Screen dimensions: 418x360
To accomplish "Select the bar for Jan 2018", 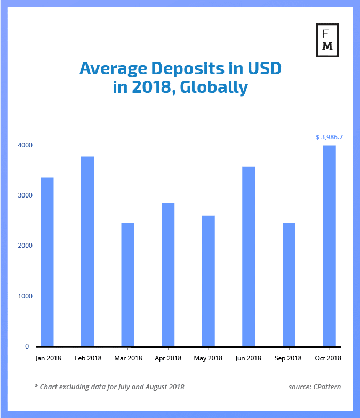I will click(x=47, y=262).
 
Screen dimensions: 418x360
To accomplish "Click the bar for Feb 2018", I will click(x=87, y=251).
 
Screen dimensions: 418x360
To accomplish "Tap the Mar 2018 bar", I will click(x=127, y=284).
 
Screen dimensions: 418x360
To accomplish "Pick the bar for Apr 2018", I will click(x=168, y=274).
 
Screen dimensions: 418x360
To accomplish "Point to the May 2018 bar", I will click(x=208, y=281).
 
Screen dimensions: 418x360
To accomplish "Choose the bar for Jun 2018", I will click(x=249, y=256).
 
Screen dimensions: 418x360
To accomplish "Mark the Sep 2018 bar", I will click(x=289, y=285).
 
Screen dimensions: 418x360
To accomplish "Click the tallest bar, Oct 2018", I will click(x=329, y=246).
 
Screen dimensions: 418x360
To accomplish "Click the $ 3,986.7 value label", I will click(x=329, y=137).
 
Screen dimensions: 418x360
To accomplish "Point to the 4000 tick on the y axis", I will click(x=25, y=145).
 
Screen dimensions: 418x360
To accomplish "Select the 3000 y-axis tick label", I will click(x=25, y=195).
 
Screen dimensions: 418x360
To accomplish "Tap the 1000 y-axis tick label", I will click(x=25, y=296).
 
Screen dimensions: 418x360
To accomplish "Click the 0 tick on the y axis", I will click(x=27, y=346).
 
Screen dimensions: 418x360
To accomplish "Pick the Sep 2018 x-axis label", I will click(x=289, y=358).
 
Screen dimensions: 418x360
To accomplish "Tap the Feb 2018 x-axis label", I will click(x=87, y=358).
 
